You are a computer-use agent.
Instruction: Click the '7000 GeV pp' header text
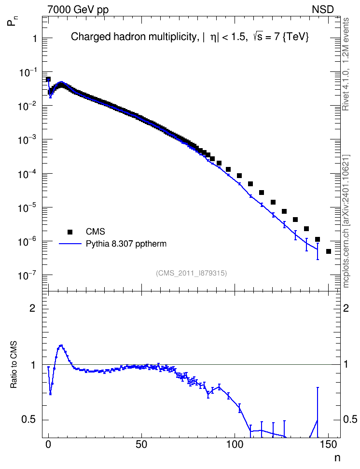78,10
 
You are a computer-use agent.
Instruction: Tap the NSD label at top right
322,10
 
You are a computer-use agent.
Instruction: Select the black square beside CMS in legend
70,232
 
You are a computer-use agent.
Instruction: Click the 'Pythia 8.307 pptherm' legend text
126,244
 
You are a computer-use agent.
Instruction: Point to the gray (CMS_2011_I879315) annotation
191,273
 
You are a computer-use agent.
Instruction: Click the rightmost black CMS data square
329,251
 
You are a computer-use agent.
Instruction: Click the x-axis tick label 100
235,445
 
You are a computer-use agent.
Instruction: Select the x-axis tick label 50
141,445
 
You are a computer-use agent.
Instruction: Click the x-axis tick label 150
328,445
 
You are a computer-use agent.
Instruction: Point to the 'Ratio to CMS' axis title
14,365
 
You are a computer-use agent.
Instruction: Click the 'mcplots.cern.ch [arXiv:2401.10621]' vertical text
346,221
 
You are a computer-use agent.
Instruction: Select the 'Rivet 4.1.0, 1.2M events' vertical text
346,64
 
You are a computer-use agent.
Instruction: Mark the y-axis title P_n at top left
12,21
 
